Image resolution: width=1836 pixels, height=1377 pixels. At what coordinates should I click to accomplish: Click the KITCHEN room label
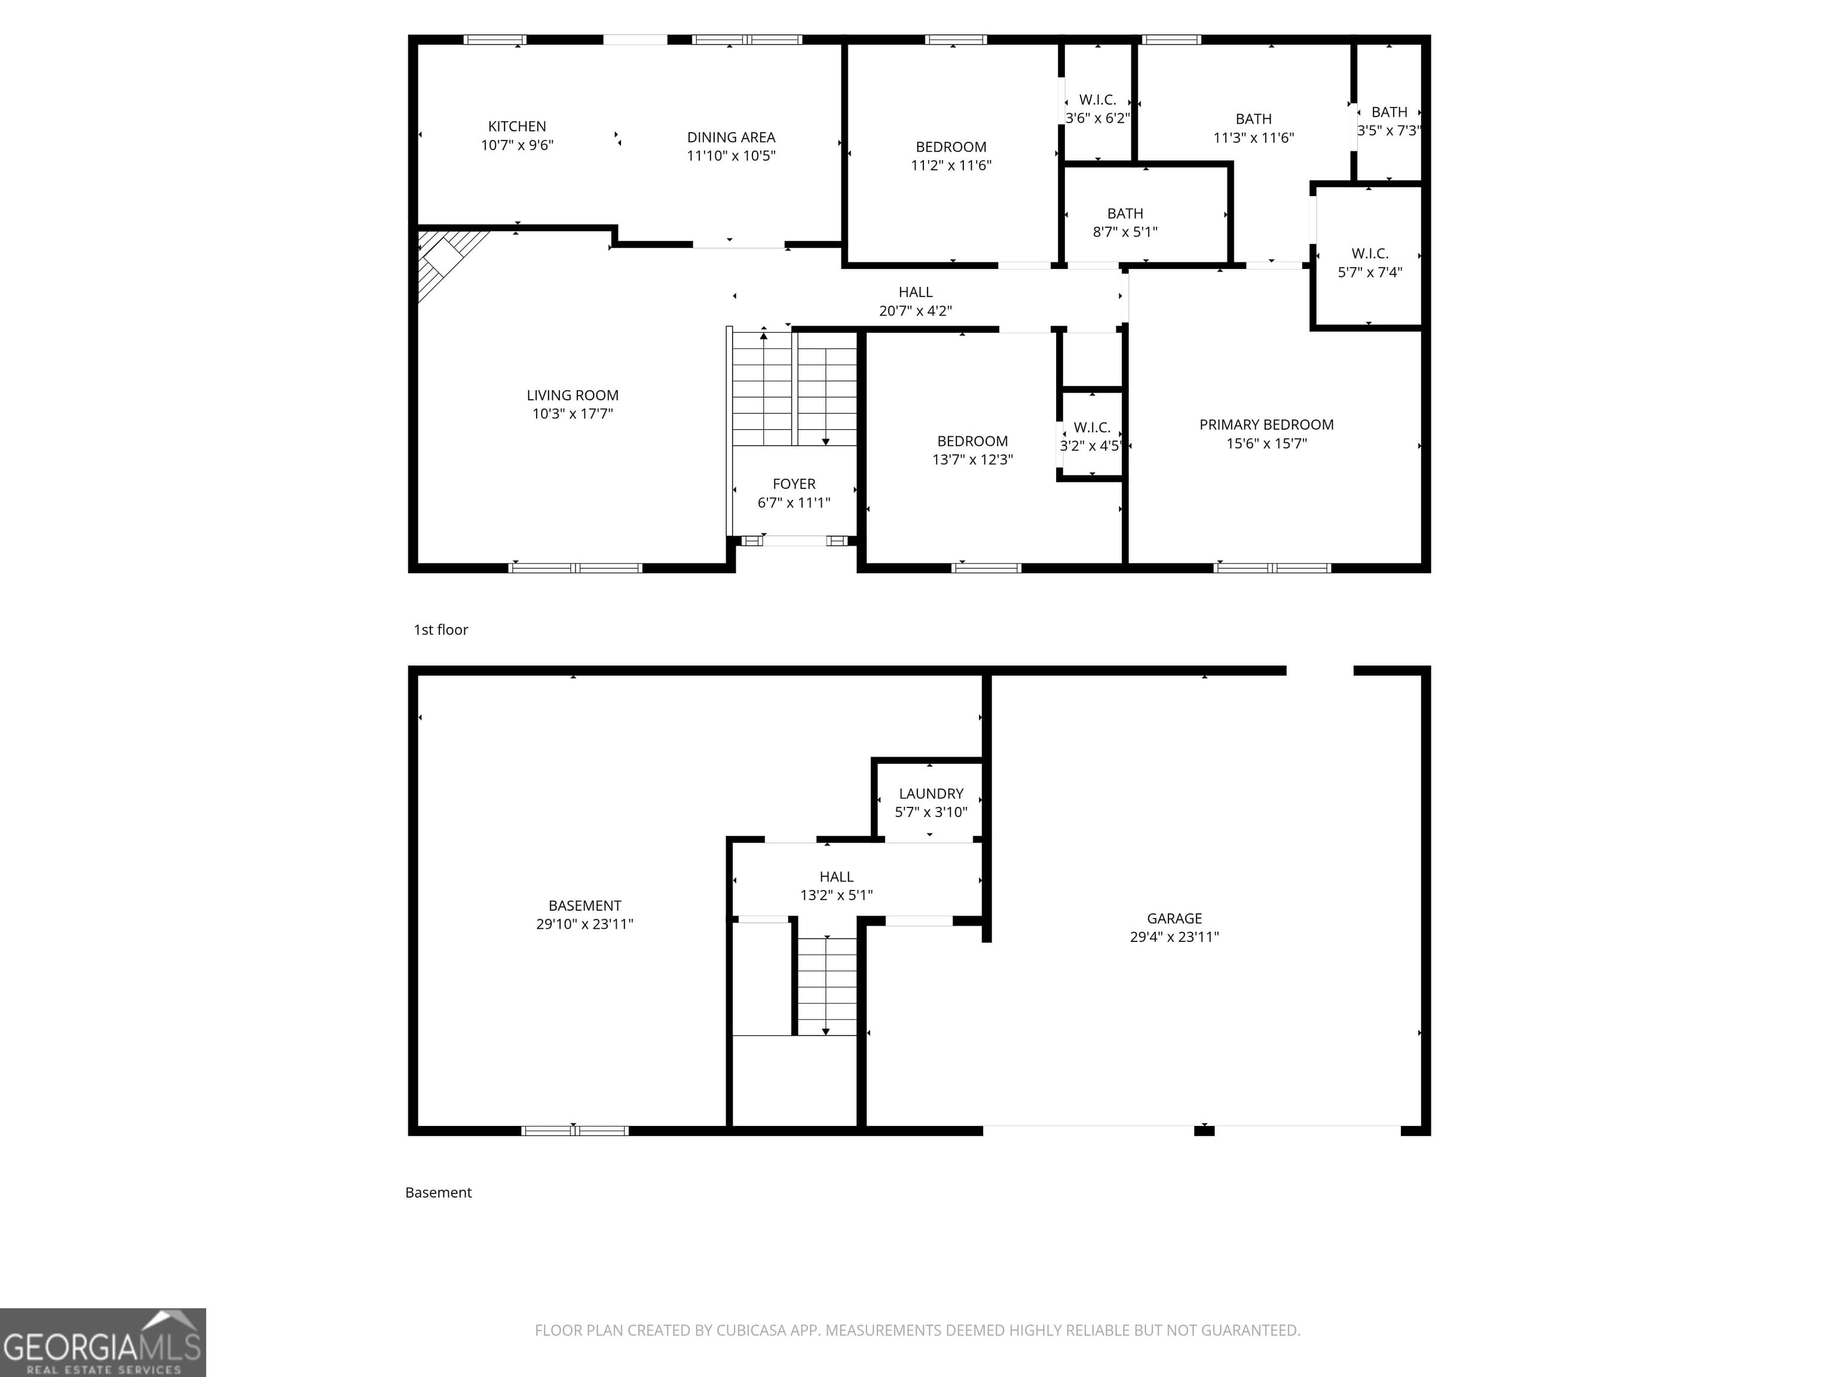[516, 126]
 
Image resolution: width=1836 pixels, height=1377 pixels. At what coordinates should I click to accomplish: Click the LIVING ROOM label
[572, 396]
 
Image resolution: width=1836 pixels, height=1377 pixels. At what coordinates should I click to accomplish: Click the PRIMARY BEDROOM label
[1266, 425]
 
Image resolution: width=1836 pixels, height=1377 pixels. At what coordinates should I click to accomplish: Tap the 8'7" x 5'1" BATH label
[1125, 222]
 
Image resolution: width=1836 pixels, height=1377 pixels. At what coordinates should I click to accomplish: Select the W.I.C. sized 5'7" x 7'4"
[1370, 262]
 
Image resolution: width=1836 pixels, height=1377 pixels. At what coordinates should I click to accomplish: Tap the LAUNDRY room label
[931, 794]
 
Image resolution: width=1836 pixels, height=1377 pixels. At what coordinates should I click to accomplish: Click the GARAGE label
[1174, 919]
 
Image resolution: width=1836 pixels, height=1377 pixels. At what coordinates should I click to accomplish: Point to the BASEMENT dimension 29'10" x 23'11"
[585, 925]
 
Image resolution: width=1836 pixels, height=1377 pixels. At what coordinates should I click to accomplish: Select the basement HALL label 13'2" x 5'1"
[836, 886]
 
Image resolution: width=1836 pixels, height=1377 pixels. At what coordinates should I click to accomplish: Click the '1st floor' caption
[440, 630]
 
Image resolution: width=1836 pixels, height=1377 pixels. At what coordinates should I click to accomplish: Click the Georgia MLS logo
[103, 1342]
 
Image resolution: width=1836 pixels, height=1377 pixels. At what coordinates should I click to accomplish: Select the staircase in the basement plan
[826, 986]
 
